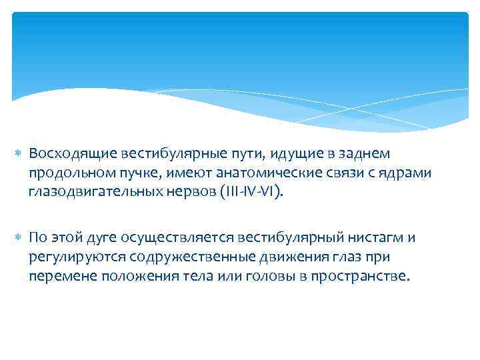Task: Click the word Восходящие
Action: [73, 154]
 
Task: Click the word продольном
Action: [69, 173]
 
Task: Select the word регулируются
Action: [69, 257]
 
